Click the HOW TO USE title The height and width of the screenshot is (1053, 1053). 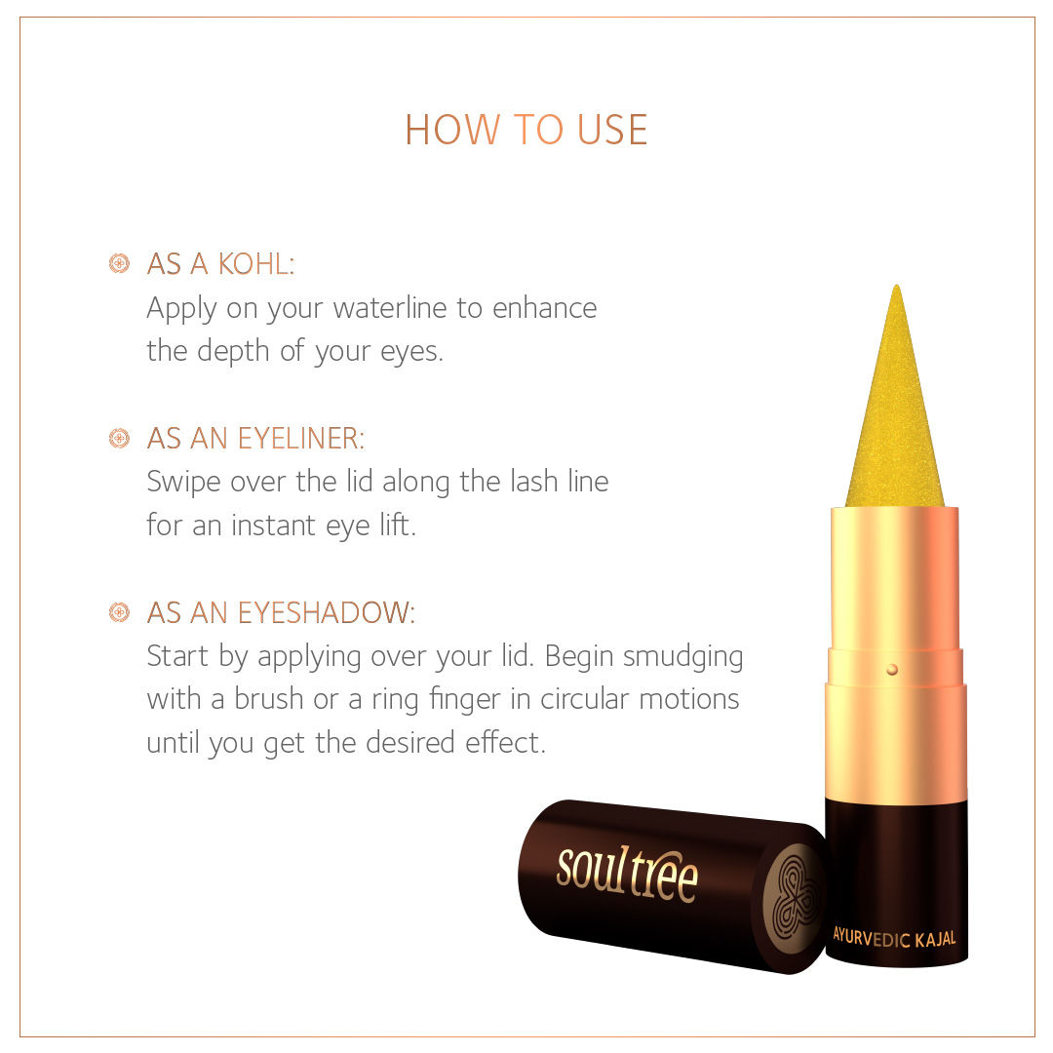tap(526, 130)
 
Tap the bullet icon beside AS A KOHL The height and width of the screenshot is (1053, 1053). tap(120, 263)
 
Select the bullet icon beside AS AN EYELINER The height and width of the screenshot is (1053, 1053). tap(120, 438)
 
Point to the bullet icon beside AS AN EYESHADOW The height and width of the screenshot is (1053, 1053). tap(120, 611)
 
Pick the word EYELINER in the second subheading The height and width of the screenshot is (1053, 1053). tap(301, 439)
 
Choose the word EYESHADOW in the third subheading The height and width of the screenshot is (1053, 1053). tap(327, 612)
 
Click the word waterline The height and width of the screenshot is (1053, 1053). tap(390, 308)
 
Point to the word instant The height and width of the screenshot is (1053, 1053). tap(274, 526)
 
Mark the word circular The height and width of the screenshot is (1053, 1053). tap(585, 699)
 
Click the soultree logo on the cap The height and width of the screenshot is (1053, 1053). tap(627, 874)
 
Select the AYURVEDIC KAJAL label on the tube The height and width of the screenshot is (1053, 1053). tap(894, 937)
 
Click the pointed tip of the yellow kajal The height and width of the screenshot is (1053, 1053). tap(897, 286)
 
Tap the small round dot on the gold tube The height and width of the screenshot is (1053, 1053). tap(892, 670)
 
